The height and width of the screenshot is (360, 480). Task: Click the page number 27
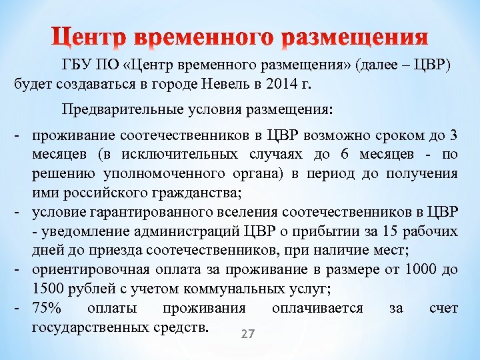pyautogui.click(x=247, y=333)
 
